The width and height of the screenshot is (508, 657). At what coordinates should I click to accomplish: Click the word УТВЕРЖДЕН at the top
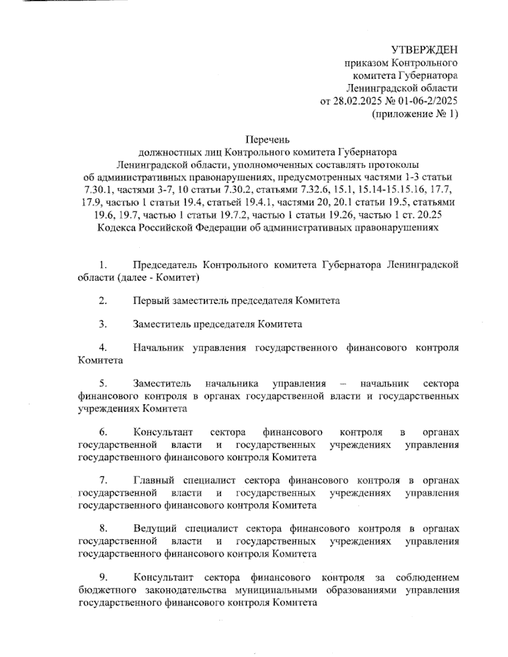[x=424, y=50]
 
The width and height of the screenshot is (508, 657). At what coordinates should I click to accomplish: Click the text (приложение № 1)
[x=414, y=114]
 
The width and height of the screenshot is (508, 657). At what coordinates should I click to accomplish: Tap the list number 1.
[x=103, y=265]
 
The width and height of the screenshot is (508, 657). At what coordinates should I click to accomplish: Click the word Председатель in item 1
[x=165, y=265]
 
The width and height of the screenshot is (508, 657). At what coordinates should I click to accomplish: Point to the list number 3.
[x=103, y=324]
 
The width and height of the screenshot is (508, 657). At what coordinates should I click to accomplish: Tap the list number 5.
[x=103, y=384]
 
